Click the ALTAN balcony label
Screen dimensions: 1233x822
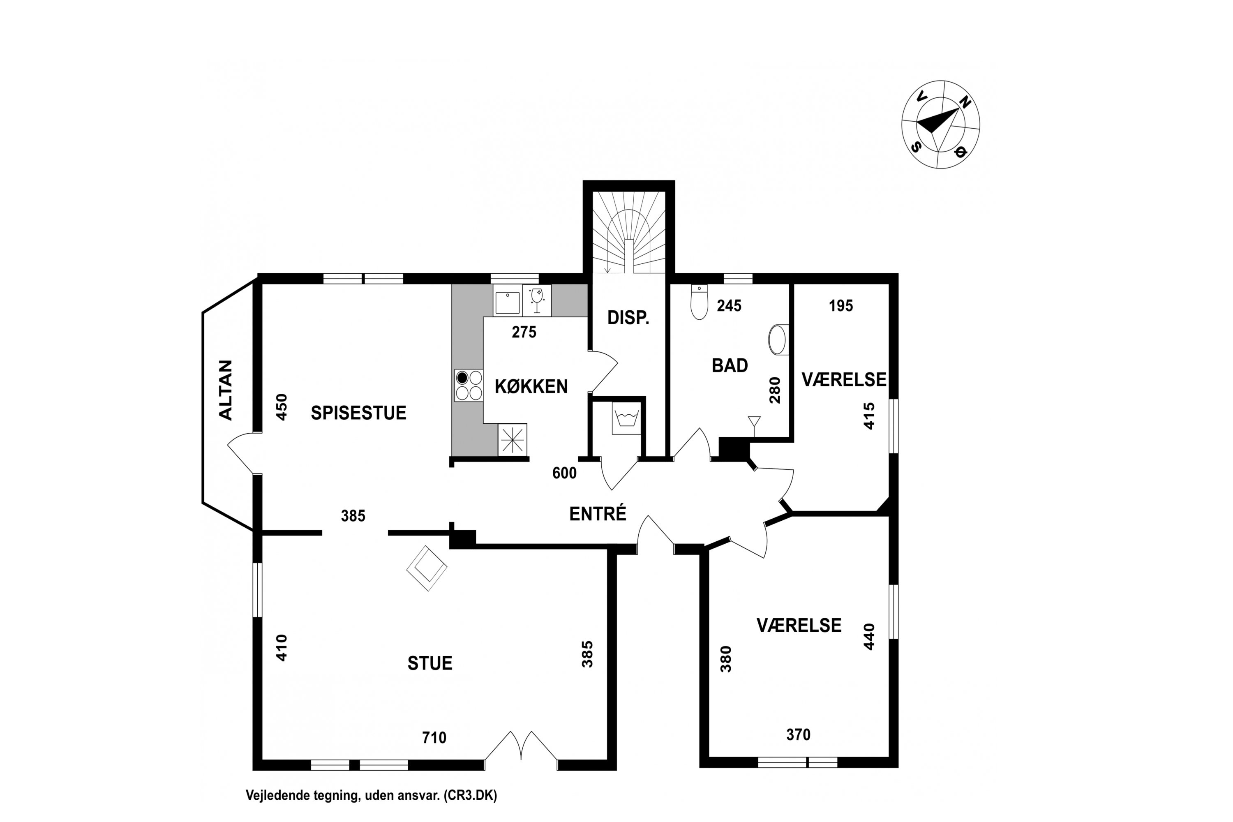225,390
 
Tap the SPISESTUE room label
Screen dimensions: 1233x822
358,413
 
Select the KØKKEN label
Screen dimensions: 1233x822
531,386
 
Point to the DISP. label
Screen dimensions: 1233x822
628,318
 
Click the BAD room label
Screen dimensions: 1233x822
730,365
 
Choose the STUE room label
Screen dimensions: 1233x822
430,663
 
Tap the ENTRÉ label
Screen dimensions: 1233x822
598,514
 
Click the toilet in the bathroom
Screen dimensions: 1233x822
700,302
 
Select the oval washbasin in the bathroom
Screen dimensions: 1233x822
778,340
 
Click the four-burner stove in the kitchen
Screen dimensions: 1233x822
469,386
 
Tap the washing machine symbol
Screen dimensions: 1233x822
626,418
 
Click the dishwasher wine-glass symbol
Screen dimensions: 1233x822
537,300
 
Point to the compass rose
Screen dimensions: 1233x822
940,125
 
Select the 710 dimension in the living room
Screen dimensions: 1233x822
434,738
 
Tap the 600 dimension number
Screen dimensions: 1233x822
564,473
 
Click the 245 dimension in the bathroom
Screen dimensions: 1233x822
729,306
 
